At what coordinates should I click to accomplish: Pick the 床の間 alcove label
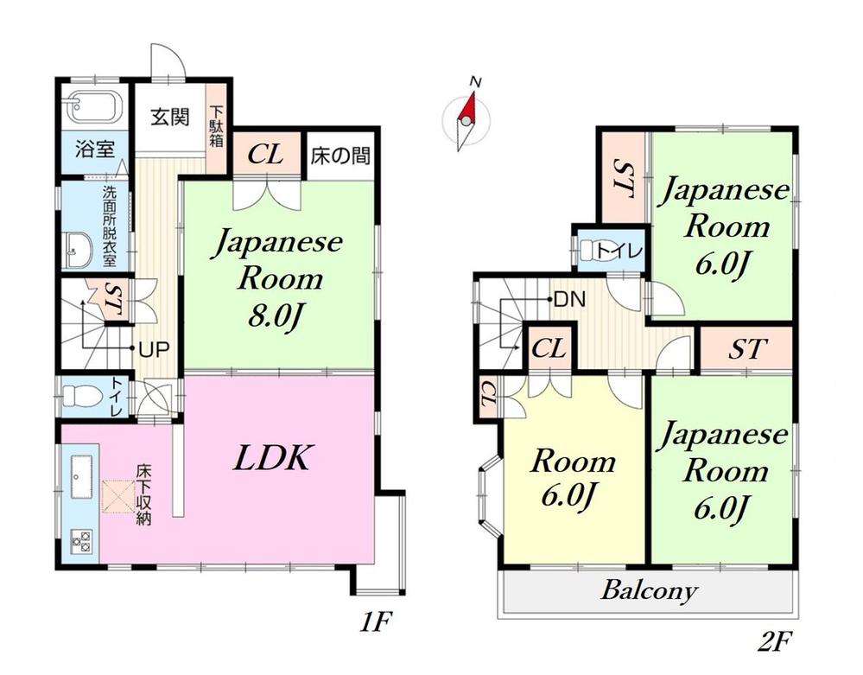click(x=339, y=156)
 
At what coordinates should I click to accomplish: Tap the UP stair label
click(x=155, y=349)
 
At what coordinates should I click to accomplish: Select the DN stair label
click(x=569, y=301)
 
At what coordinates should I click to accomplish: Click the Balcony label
click(x=649, y=592)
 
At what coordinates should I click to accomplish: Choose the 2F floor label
click(x=776, y=642)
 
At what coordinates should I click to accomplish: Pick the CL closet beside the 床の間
click(x=267, y=156)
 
